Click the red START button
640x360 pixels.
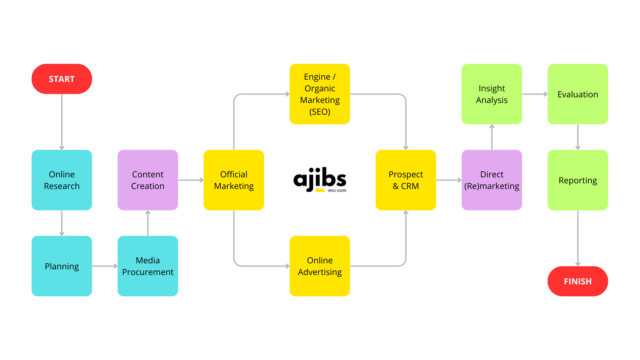[62, 79]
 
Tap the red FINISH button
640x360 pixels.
[578, 281]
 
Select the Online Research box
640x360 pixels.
[62, 180]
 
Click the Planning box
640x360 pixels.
[62, 266]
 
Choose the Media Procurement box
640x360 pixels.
[148, 266]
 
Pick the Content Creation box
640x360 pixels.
[148, 180]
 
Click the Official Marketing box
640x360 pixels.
[234, 180]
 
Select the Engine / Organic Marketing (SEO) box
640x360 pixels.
[320, 94]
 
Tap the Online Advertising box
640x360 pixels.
[320, 266]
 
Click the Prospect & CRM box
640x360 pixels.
[406, 180]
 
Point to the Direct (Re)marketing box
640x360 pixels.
[492, 180]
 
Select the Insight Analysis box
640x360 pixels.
[492, 94]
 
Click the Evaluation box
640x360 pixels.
[578, 94]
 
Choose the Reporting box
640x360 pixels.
[578, 180]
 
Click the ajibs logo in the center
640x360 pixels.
[320, 179]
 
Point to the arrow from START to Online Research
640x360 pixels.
[62, 122]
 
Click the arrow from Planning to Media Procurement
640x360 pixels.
[105, 266]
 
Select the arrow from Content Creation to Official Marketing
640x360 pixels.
[191, 180]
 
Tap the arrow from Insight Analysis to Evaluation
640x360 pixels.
[535, 94]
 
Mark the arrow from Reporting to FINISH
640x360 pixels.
[578, 238]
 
